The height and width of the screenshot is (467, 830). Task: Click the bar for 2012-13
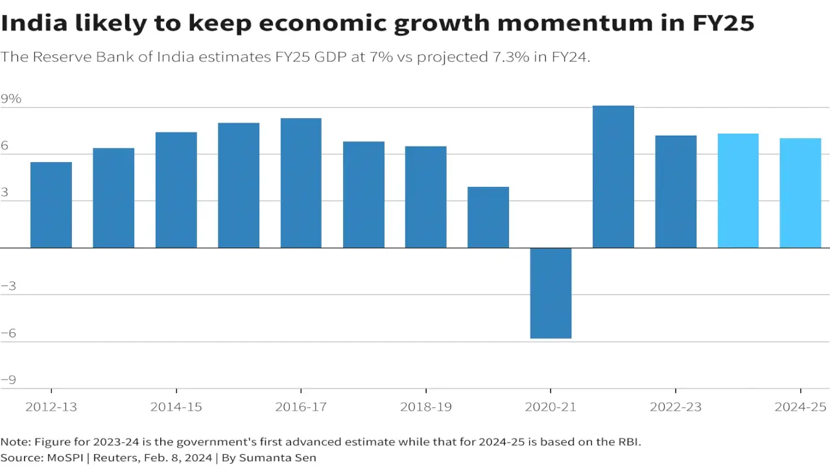click(x=51, y=205)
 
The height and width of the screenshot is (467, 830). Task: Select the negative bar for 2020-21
click(x=551, y=293)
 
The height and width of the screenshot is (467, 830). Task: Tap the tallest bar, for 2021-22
click(x=613, y=176)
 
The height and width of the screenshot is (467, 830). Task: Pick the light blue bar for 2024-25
click(x=800, y=193)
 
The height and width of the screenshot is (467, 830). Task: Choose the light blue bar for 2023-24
click(x=738, y=191)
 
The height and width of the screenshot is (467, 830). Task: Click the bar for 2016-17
click(x=301, y=183)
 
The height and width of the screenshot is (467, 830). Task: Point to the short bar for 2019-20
click(x=488, y=217)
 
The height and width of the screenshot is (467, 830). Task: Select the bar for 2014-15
click(x=176, y=190)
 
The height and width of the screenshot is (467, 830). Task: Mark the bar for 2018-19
click(x=426, y=197)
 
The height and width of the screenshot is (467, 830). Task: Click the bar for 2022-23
click(x=676, y=191)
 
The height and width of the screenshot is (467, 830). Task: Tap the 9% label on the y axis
click(x=11, y=99)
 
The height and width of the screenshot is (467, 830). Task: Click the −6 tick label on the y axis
click(x=8, y=333)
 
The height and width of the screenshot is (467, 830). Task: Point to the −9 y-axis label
click(x=8, y=380)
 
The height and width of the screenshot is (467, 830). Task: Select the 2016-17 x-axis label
click(x=301, y=407)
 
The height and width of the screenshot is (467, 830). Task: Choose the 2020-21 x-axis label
click(x=551, y=407)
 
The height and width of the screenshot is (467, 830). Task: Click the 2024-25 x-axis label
click(x=801, y=407)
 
